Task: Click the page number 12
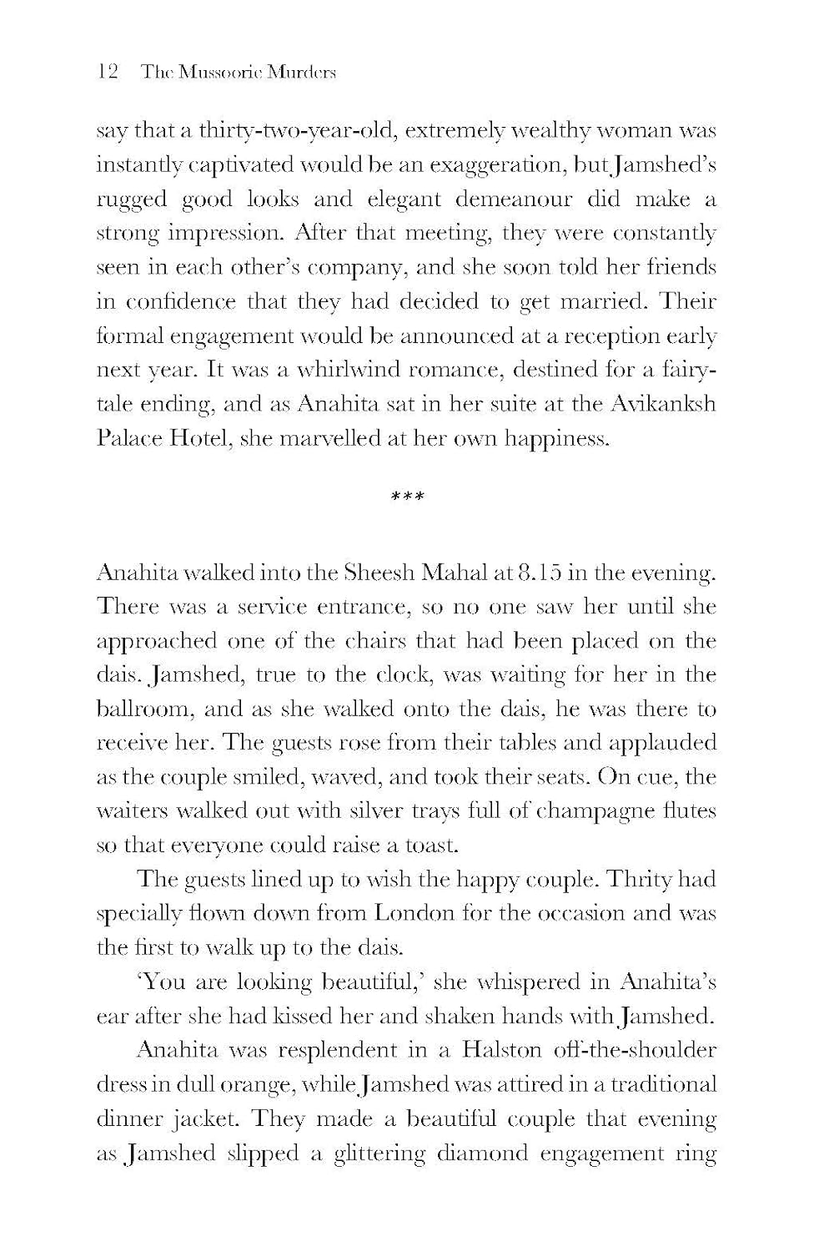click(x=109, y=72)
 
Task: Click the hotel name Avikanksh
click(x=665, y=404)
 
